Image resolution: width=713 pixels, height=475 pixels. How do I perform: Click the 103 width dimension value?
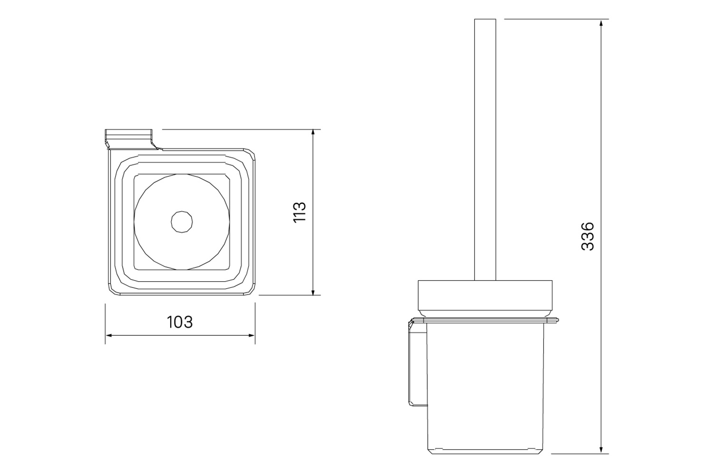pyautogui.click(x=180, y=322)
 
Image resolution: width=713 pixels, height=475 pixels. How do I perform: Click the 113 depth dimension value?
pyautogui.click(x=299, y=212)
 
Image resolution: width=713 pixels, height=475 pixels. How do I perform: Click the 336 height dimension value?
pyautogui.click(x=588, y=237)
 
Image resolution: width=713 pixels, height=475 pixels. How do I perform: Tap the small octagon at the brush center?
pyautogui.click(x=182, y=221)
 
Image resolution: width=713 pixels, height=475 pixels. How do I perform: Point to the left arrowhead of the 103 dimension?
pyautogui.click(x=109, y=335)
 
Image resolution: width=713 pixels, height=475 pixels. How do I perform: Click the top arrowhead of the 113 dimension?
pyautogui.click(x=313, y=133)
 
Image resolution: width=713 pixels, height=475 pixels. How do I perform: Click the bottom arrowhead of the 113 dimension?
pyautogui.click(x=313, y=292)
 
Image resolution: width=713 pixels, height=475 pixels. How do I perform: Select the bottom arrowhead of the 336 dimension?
pyautogui.click(x=601, y=450)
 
